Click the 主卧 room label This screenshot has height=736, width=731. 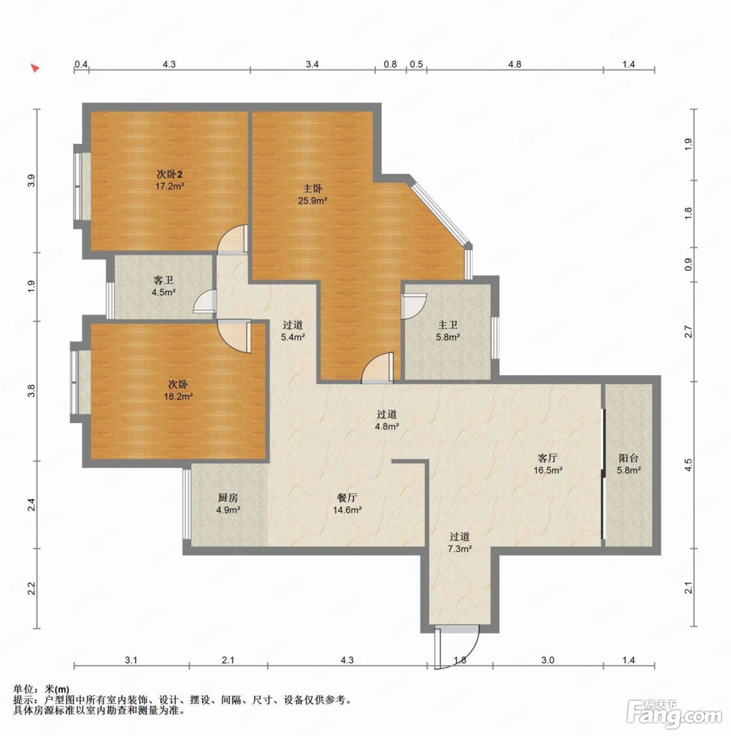[312, 188]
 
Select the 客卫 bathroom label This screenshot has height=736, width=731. [163, 280]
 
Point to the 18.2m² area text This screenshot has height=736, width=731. [178, 396]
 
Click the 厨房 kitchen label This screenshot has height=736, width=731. [229, 497]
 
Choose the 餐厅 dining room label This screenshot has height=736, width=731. [347, 497]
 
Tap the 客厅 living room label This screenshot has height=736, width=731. [548, 457]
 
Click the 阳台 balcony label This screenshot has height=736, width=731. [629, 457]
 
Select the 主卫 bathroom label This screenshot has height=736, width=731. [448, 325]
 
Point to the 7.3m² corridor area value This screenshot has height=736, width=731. [459, 549]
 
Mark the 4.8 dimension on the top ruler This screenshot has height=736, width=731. [514, 64]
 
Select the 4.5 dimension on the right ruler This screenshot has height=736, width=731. [688, 465]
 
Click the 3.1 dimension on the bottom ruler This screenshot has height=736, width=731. [131, 660]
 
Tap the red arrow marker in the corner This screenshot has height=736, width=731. [35, 69]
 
